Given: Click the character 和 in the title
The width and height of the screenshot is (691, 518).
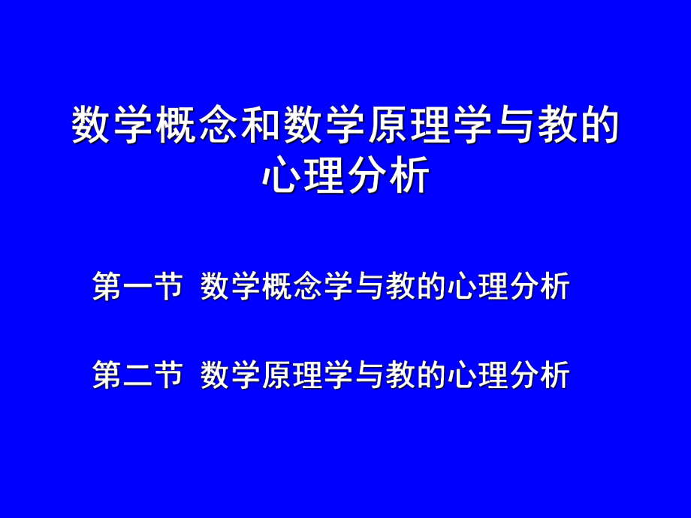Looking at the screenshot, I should pos(261,125).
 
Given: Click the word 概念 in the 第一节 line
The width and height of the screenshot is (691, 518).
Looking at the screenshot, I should pos(293,287).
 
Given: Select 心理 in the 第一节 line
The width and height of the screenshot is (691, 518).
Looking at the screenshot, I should pos(478,287).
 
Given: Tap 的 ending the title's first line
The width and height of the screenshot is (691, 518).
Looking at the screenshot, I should pos(599,125).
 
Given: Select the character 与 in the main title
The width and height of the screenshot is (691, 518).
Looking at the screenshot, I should pos(514,125).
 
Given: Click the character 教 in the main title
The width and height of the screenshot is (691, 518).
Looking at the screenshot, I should pos(557,125).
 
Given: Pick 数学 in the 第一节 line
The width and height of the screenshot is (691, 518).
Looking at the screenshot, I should pos(231,287).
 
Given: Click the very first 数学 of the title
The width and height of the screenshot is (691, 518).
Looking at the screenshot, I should pos(114,125).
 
